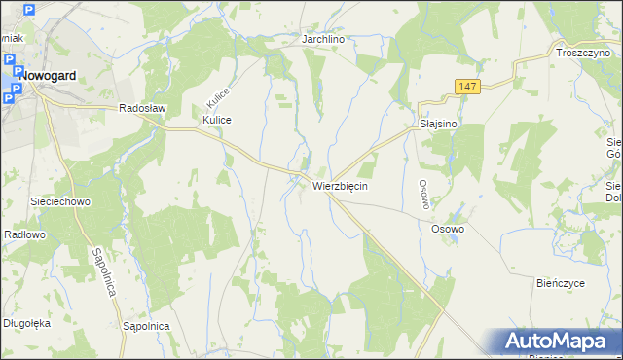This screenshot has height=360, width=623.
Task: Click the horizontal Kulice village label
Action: (x=217, y=120)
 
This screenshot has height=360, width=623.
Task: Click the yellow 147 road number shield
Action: (x=467, y=88)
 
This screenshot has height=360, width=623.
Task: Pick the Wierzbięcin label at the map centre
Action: (x=340, y=185)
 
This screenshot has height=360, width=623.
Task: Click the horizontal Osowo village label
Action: (x=448, y=229)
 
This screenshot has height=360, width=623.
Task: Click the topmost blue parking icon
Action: (x=27, y=11)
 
